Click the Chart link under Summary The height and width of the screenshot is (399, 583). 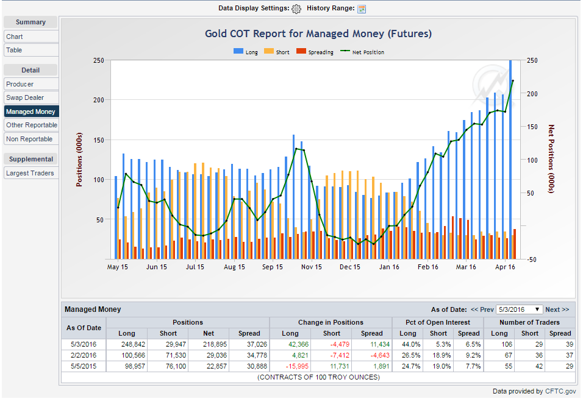tap(15, 37)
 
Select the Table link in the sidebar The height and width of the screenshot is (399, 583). tap(15, 50)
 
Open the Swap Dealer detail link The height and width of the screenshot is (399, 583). tap(25, 97)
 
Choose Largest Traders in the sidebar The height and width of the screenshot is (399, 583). tap(30, 173)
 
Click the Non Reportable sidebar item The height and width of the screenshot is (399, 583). tap(29, 139)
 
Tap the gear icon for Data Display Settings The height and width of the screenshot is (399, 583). tap(296, 9)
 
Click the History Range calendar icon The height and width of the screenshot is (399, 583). tap(362, 9)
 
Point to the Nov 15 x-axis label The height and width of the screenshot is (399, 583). tap(311, 267)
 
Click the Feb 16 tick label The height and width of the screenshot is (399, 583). tap(427, 267)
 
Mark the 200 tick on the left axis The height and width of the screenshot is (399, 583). tap(98, 100)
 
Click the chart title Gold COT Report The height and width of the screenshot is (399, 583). tap(318, 34)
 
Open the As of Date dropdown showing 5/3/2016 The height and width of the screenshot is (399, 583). tap(519, 309)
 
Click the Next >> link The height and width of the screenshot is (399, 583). tap(557, 309)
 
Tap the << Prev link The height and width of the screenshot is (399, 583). tap(482, 309)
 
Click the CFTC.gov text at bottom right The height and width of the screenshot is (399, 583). tap(560, 392)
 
